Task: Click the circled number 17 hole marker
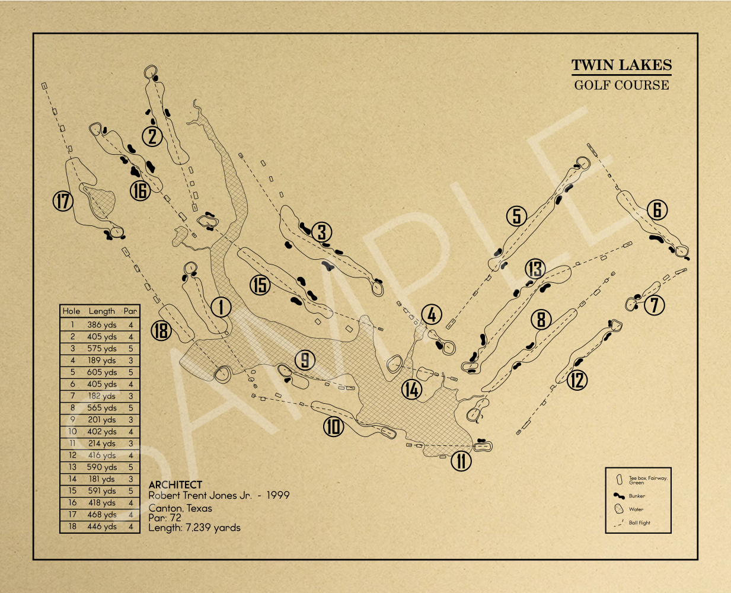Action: [x=63, y=201]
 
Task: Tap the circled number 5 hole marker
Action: [x=517, y=216]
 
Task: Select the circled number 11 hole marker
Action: [x=461, y=461]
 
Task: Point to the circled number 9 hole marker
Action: [x=305, y=360]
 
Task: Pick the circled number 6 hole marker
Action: [x=657, y=210]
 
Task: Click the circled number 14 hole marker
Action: [x=412, y=389]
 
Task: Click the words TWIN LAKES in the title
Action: [x=621, y=65]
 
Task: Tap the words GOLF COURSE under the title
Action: [x=621, y=85]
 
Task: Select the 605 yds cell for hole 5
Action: [x=102, y=372]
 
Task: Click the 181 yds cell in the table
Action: [x=102, y=479]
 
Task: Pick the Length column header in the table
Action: [x=102, y=311]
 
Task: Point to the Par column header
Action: [x=130, y=311]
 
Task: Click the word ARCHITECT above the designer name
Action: [x=175, y=485]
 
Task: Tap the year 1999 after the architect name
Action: [x=278, y=495]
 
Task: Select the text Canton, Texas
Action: [x=180, y=508]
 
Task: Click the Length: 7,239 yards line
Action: [x=194, y=527]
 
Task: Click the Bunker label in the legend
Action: [x=637, y=496]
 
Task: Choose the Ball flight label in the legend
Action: [x=639, y=522]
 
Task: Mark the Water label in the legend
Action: [x=636, y=509]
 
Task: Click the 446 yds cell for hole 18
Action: [x=102, y=527]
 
